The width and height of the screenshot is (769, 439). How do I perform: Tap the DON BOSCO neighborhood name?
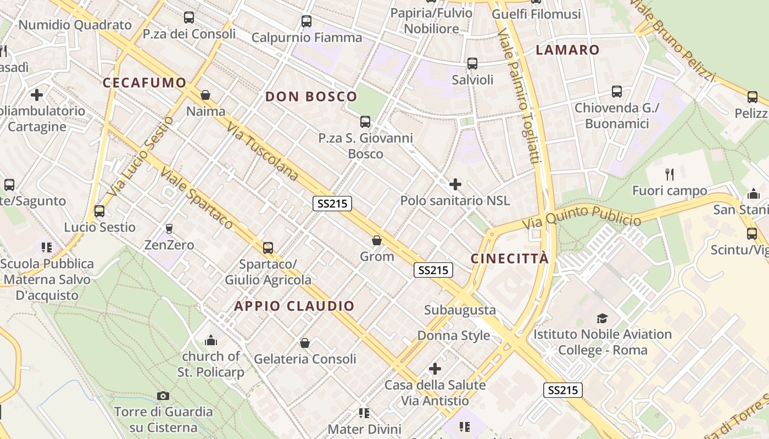click(x=311, y=97)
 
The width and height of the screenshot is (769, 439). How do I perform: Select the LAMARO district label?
click(x=567, y=50)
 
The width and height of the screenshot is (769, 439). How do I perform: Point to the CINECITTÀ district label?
click(x=510, y=258)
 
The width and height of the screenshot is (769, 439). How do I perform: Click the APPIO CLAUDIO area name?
click(x=294, y=306)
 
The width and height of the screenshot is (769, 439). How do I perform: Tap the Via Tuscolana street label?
click(x=262, y=151)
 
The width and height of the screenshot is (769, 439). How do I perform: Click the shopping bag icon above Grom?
click(x=377, y=240)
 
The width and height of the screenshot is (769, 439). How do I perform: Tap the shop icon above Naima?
click(x=205, y=95)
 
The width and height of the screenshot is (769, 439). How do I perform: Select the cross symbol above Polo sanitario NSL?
click(x=455, y=184)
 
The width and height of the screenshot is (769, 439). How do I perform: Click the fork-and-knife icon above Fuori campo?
click(x=669, y=175)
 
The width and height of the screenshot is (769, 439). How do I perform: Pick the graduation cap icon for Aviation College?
click(x=603, y=318)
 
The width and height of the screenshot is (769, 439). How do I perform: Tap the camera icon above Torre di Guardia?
click(x=163, y=396)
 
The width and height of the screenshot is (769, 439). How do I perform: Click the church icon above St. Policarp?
click(x=211, y=341)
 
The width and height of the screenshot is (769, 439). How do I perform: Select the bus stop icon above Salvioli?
click(x=472, y=64)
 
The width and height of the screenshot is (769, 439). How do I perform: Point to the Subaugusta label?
click(x=460, y=310)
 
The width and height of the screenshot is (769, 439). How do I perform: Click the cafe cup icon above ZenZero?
click(x=169, y=228)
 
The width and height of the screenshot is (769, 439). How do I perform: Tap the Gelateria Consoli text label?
click(x=305, y=359)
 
